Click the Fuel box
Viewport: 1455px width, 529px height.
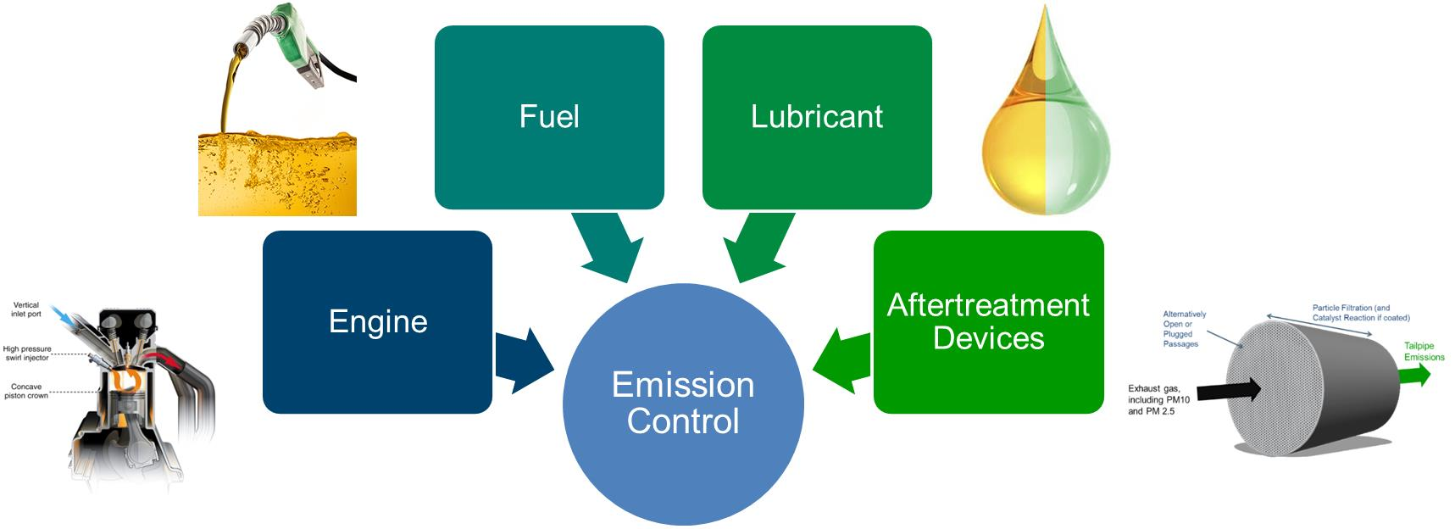[549, 117]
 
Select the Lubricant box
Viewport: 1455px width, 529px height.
[817, 117]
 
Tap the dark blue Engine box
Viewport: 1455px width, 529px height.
[377, 322]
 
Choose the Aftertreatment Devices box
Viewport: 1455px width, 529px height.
[988, 322]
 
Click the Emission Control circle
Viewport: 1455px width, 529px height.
[683, 404]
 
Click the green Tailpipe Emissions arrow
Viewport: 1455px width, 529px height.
[1412, 375]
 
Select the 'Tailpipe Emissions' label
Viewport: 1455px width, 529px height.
[1424, 351]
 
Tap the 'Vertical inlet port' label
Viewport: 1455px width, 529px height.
[26, 309]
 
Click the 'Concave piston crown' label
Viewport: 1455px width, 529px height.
[26, 392]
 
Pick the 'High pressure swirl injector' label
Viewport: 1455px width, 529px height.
[27, 353]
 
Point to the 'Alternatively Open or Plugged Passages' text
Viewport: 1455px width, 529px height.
[1184, 329]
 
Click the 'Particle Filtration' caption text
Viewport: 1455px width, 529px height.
[1361, 313]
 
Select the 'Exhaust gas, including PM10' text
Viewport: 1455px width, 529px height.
[1153, 399]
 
